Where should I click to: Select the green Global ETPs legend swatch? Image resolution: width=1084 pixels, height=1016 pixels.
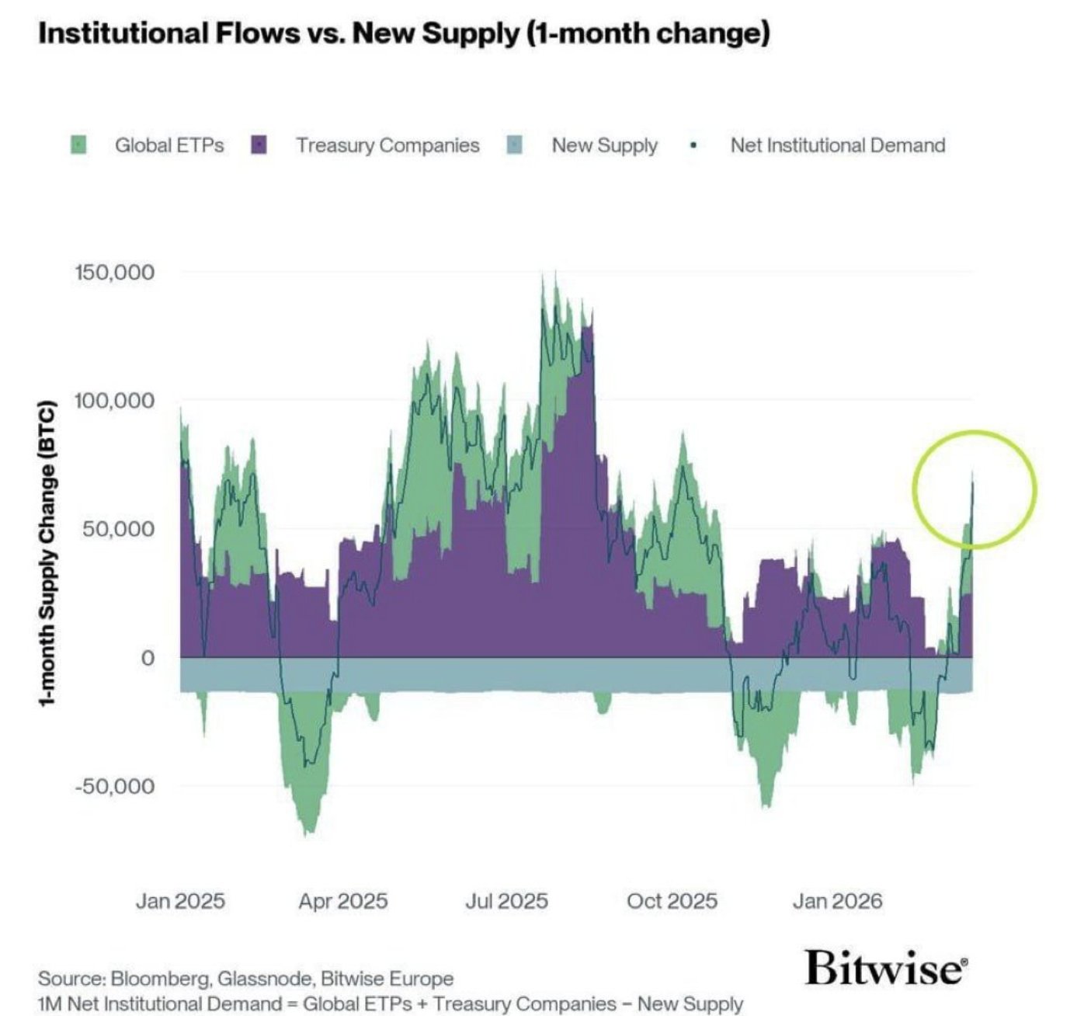(78, 145)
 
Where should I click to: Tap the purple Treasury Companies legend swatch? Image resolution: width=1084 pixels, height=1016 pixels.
(259, 145)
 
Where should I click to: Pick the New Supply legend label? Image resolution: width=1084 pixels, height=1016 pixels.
(604, 145)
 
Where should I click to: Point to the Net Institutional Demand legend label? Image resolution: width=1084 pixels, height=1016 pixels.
(837, 145)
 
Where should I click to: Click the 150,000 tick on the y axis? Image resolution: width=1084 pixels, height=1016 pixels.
(114, 273)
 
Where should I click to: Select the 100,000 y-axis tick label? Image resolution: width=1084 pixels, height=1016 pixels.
(114, 401)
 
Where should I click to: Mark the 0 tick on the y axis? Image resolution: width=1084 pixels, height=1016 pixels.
(147, 658)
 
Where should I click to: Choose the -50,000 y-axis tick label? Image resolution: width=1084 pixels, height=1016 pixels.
(114, 786)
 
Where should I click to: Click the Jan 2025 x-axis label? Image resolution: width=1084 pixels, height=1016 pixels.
(180, 901)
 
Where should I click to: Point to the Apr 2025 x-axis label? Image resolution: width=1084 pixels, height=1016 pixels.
(342, 901)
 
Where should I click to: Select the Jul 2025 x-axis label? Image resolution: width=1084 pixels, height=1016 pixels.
(506, 901)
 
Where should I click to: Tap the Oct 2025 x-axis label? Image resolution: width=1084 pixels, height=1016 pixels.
(672, 901)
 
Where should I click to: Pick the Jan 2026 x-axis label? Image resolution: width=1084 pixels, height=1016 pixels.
(837, 901)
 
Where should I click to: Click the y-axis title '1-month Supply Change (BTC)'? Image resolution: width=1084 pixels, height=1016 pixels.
(48, 552)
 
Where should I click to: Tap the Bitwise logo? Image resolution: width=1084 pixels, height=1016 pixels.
(886, 967)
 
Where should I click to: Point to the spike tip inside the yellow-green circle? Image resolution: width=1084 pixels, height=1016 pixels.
(972, 473)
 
